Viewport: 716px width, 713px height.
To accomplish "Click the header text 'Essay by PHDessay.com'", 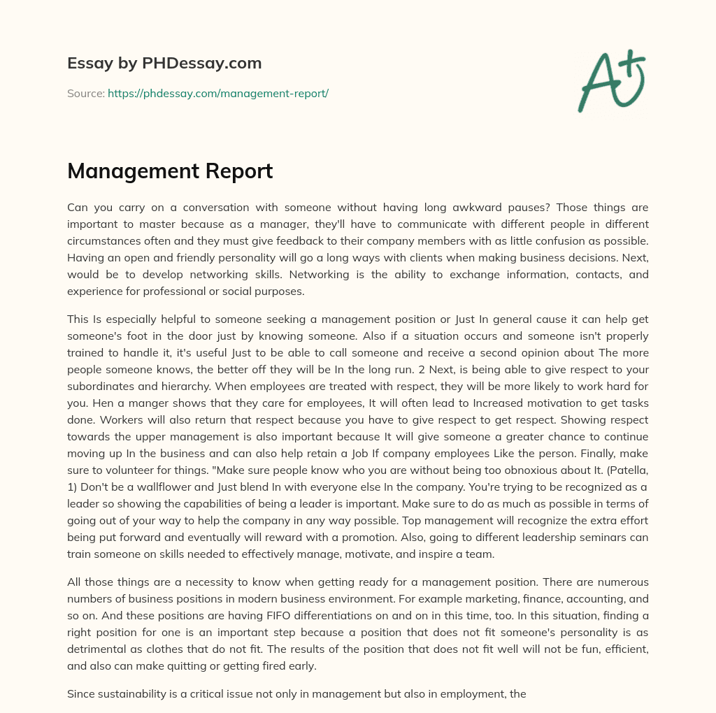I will click(164, 63).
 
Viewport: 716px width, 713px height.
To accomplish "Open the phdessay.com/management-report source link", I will click(218, 93).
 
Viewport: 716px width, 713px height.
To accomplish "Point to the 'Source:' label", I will click(85, 93).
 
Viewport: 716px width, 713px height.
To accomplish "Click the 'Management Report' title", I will click(170, 171).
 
